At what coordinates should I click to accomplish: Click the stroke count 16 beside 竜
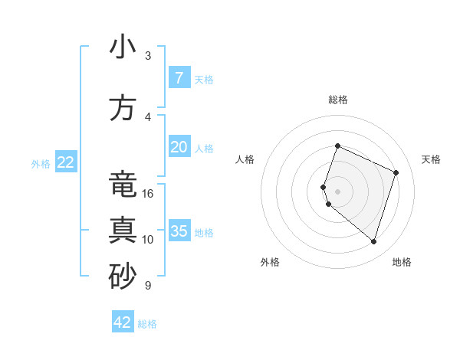148,194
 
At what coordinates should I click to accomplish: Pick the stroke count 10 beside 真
148,239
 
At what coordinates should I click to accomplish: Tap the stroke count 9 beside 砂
147,286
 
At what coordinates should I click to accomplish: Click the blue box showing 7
179,78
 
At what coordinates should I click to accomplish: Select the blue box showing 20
179,147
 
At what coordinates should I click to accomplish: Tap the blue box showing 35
179,231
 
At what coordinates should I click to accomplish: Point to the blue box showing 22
66,162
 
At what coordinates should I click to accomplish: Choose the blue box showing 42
123,322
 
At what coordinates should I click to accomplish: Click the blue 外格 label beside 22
41,163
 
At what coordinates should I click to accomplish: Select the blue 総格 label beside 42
147,324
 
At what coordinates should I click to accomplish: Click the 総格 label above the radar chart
337,100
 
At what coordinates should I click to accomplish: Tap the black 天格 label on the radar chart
431,159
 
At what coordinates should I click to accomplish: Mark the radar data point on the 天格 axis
396,172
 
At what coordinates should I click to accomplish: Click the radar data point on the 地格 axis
373,241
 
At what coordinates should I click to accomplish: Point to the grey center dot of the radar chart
337,191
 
